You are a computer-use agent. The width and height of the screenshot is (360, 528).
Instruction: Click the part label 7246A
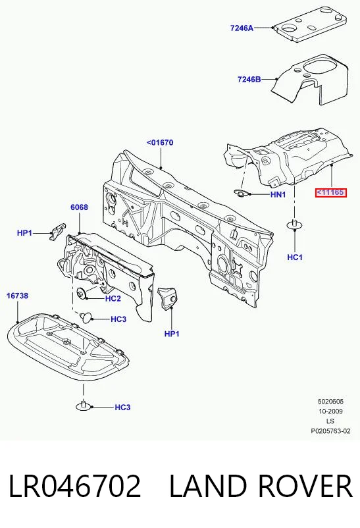click(x=242, y=28)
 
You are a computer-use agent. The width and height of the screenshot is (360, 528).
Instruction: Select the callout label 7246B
click(x=249, y=80)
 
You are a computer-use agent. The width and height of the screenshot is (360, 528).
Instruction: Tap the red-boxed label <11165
click(x=330, y=193)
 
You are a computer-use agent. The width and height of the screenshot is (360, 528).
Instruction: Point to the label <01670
click(x=160, y=142)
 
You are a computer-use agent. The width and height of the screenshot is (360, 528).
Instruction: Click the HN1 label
click(x=278, y=194)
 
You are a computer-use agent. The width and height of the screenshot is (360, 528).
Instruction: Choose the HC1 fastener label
click(x=295, y=257)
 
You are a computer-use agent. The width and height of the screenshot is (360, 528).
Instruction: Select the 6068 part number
click(x=79, y=207)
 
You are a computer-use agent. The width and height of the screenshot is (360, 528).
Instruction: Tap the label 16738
click(x=18, y=296)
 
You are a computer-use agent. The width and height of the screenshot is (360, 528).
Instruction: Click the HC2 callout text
click(x=113, y=298)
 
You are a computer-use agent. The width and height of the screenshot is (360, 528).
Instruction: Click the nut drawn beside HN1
click(x=241, y=194)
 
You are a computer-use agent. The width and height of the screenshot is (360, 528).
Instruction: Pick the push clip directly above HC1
click(x=295, y=224)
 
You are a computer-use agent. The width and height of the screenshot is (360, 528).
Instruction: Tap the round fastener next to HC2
click(x=82, y=293)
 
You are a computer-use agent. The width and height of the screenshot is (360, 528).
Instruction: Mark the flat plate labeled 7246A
click(x=309, y=23)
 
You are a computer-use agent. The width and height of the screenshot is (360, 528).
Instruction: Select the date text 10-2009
click(x=330, y=411)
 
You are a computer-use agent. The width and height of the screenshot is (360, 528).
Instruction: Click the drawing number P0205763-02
click(x=330, y=431)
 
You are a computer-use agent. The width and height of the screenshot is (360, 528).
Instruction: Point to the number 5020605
click(x=330, y=402)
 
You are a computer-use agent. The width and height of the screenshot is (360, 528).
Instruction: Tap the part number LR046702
click(x=74, y=486)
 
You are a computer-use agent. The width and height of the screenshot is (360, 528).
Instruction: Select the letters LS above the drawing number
click(x=330, y=421)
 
